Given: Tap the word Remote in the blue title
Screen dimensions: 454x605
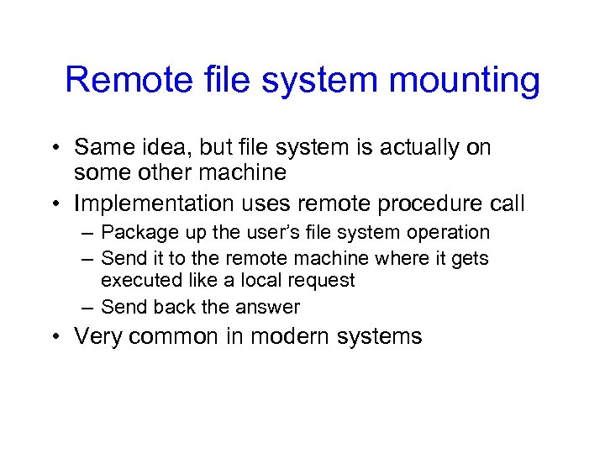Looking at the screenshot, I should [119, 80].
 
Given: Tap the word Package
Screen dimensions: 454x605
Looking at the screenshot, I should [133, 233].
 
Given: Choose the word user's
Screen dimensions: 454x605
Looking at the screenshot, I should [243, 232].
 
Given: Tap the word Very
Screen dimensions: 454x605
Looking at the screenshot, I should [94, 337].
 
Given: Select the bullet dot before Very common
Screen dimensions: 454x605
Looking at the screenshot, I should [55, 337].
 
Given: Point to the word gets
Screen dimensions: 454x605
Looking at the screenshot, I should [470, 259].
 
